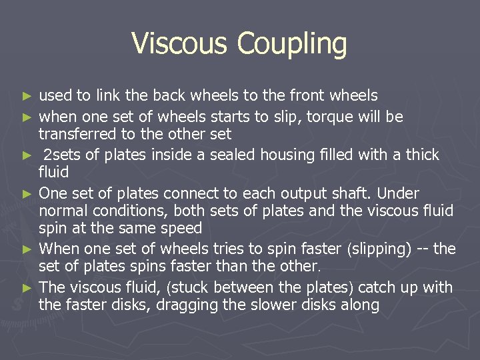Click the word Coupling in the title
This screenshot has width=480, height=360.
[x=292, y=45]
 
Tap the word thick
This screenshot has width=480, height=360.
[x=421, y=155]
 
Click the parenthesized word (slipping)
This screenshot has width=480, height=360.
[x=374, y=249]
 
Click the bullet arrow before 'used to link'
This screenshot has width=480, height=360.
[x=27, y=97]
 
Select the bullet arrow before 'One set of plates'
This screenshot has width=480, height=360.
[x=27, y=194]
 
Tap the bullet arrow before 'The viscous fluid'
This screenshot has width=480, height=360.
[x=27, y=288]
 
